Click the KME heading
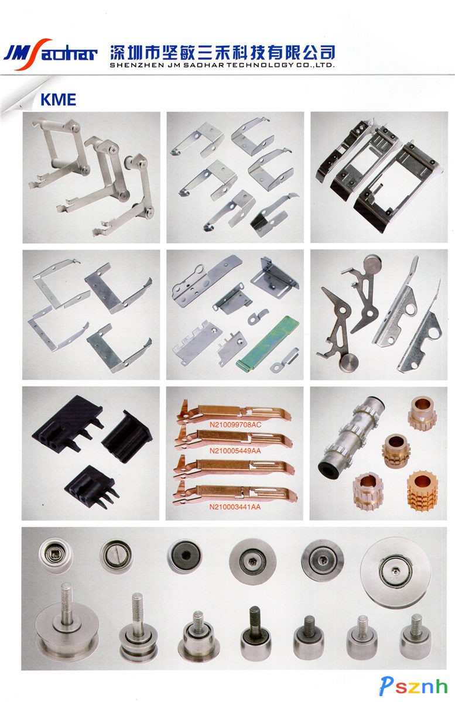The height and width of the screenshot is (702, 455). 58,100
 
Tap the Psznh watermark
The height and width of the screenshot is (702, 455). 413,686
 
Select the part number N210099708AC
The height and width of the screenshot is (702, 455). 235,424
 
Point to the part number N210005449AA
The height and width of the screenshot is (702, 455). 235,450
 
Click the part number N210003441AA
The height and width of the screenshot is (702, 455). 235,507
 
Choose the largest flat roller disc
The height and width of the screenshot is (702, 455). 395,572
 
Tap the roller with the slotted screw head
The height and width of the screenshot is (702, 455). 117,556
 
